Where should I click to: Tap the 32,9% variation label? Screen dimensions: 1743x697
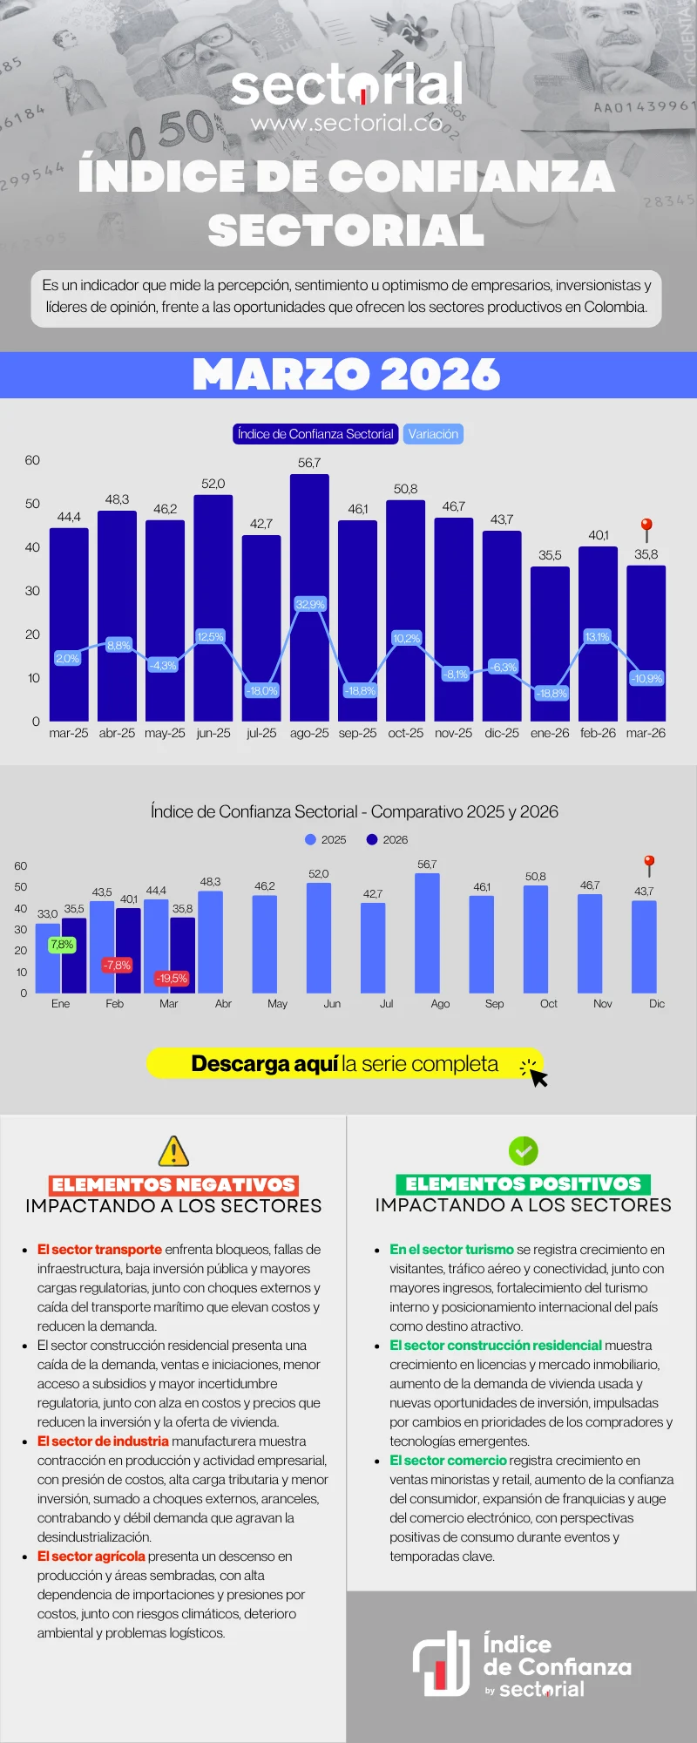pyautogui.click(x=310, y=604)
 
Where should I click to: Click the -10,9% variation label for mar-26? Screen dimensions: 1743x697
pyautogui.click(x=646, y=678)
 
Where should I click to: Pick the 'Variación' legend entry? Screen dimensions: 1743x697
pyautogui.click(x=433, y=434)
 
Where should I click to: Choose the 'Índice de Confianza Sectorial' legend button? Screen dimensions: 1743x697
pyautogui.click(x=315, y=434)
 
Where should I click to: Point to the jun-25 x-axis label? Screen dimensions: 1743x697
pyautogui.click(x=213, y=733)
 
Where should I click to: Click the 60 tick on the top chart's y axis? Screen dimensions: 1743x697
pyautogui.click(x=32, y=460)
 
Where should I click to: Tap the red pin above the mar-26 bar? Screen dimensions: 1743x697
pyautogui.click(x=646, y=528)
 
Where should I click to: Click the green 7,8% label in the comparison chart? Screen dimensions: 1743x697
pyautogui.click(x=62, y=945)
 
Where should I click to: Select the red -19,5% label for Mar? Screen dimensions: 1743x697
pyautogui.click(x=171, y=978)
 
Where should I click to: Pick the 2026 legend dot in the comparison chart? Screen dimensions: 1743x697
pyautogui.click(x=372, y=839)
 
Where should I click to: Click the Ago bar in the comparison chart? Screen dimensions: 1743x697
pyautogui.click(x=427, y=933)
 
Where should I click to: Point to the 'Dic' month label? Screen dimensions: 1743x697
pyautogui.click(x=657, y=1004)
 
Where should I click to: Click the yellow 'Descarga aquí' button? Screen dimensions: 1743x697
pyautogui.click(x=345, y=1064)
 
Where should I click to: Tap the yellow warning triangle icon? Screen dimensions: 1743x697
pyautogui.click(x=174, y=1151)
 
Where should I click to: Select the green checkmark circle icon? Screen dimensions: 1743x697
pyautogui.click(x=524, y=1151)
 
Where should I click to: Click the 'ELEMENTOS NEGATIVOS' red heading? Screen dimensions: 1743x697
pyautogui.click(x=174, y=1184)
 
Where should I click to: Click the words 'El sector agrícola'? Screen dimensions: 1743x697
pyautogui.click(x=91, y=1556)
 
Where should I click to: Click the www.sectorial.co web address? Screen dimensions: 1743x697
pyautogui.click(x=347, y=124)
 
